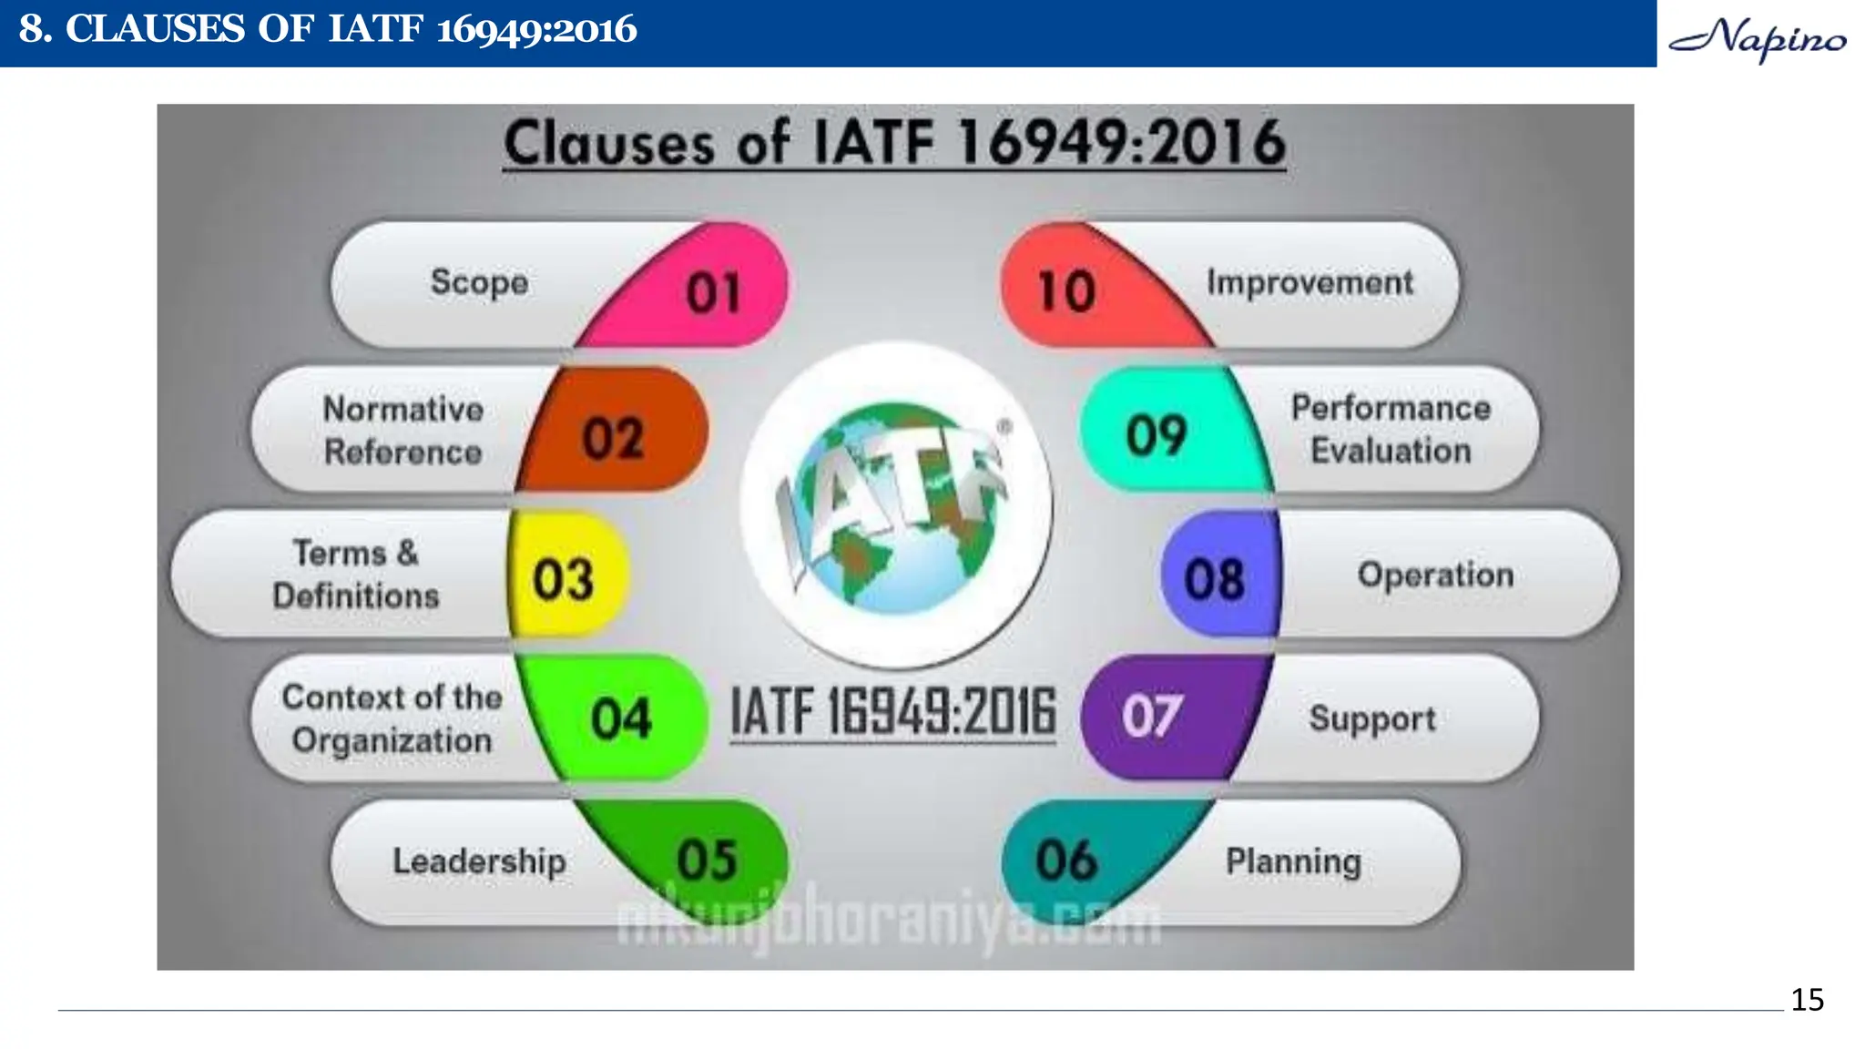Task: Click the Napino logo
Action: tap(1758, 39)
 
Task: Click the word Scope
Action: tap(480, 282)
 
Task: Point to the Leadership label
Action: tap(479, 861)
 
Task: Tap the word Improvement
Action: tap(1310, 282)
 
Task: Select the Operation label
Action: tap(1435, 575)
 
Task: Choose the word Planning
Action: tap(1293, 861)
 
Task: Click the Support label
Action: tap(1372, 718)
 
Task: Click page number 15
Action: tap(1807, 1000)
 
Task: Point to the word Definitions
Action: tap(356, 596)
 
